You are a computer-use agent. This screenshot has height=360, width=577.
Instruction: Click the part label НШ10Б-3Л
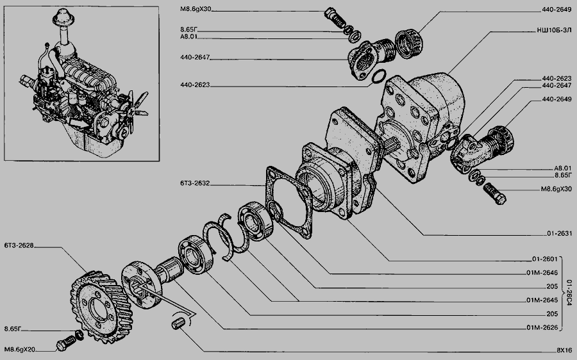[x=554, y=31]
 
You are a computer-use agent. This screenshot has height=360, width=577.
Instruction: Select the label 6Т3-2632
[x=195, y=183]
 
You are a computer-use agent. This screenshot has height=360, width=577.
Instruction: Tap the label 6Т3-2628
[x=19, y=245]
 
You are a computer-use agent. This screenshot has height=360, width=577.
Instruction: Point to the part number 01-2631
[x=559, y=234]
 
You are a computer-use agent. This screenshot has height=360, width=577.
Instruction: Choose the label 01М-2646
[x=542, y=273]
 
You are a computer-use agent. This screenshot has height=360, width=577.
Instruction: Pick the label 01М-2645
[x=542, y=300]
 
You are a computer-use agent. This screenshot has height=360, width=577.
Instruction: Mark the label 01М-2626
[x=542, y=327]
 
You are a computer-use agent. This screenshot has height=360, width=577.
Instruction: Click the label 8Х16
[x=564, y=350]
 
